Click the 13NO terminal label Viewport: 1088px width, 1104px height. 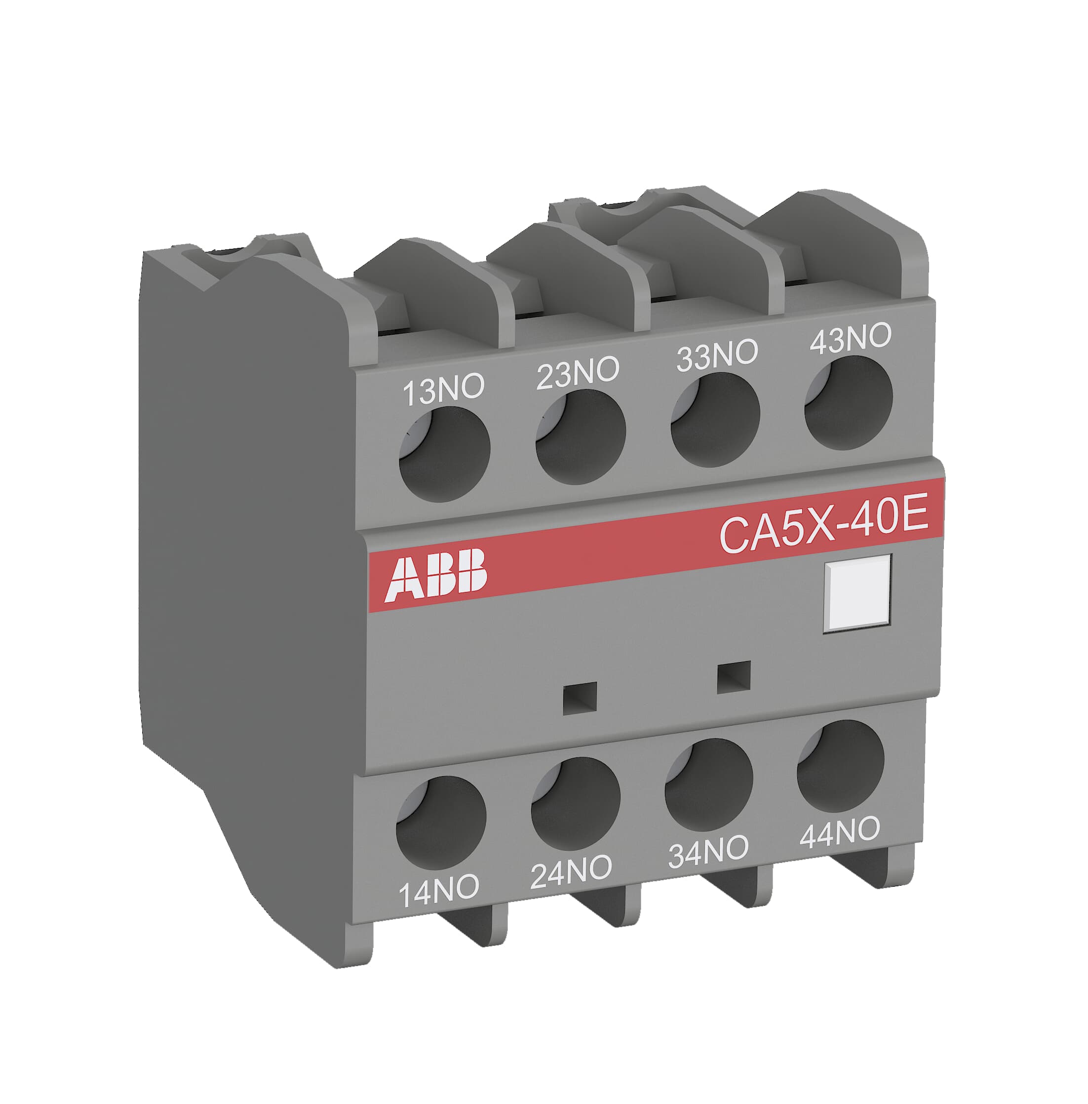443,390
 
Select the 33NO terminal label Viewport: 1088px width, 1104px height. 717,355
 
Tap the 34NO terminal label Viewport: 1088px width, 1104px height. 708,850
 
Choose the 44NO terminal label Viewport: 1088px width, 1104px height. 839,831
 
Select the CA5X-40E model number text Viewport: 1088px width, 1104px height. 823,524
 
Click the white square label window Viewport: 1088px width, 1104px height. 857,593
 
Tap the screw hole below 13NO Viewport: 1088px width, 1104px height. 445,454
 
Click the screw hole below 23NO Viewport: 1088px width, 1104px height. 581,437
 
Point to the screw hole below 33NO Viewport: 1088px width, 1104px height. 715,420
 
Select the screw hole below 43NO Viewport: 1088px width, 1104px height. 849,403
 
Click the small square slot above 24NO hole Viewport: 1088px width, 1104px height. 580,698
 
